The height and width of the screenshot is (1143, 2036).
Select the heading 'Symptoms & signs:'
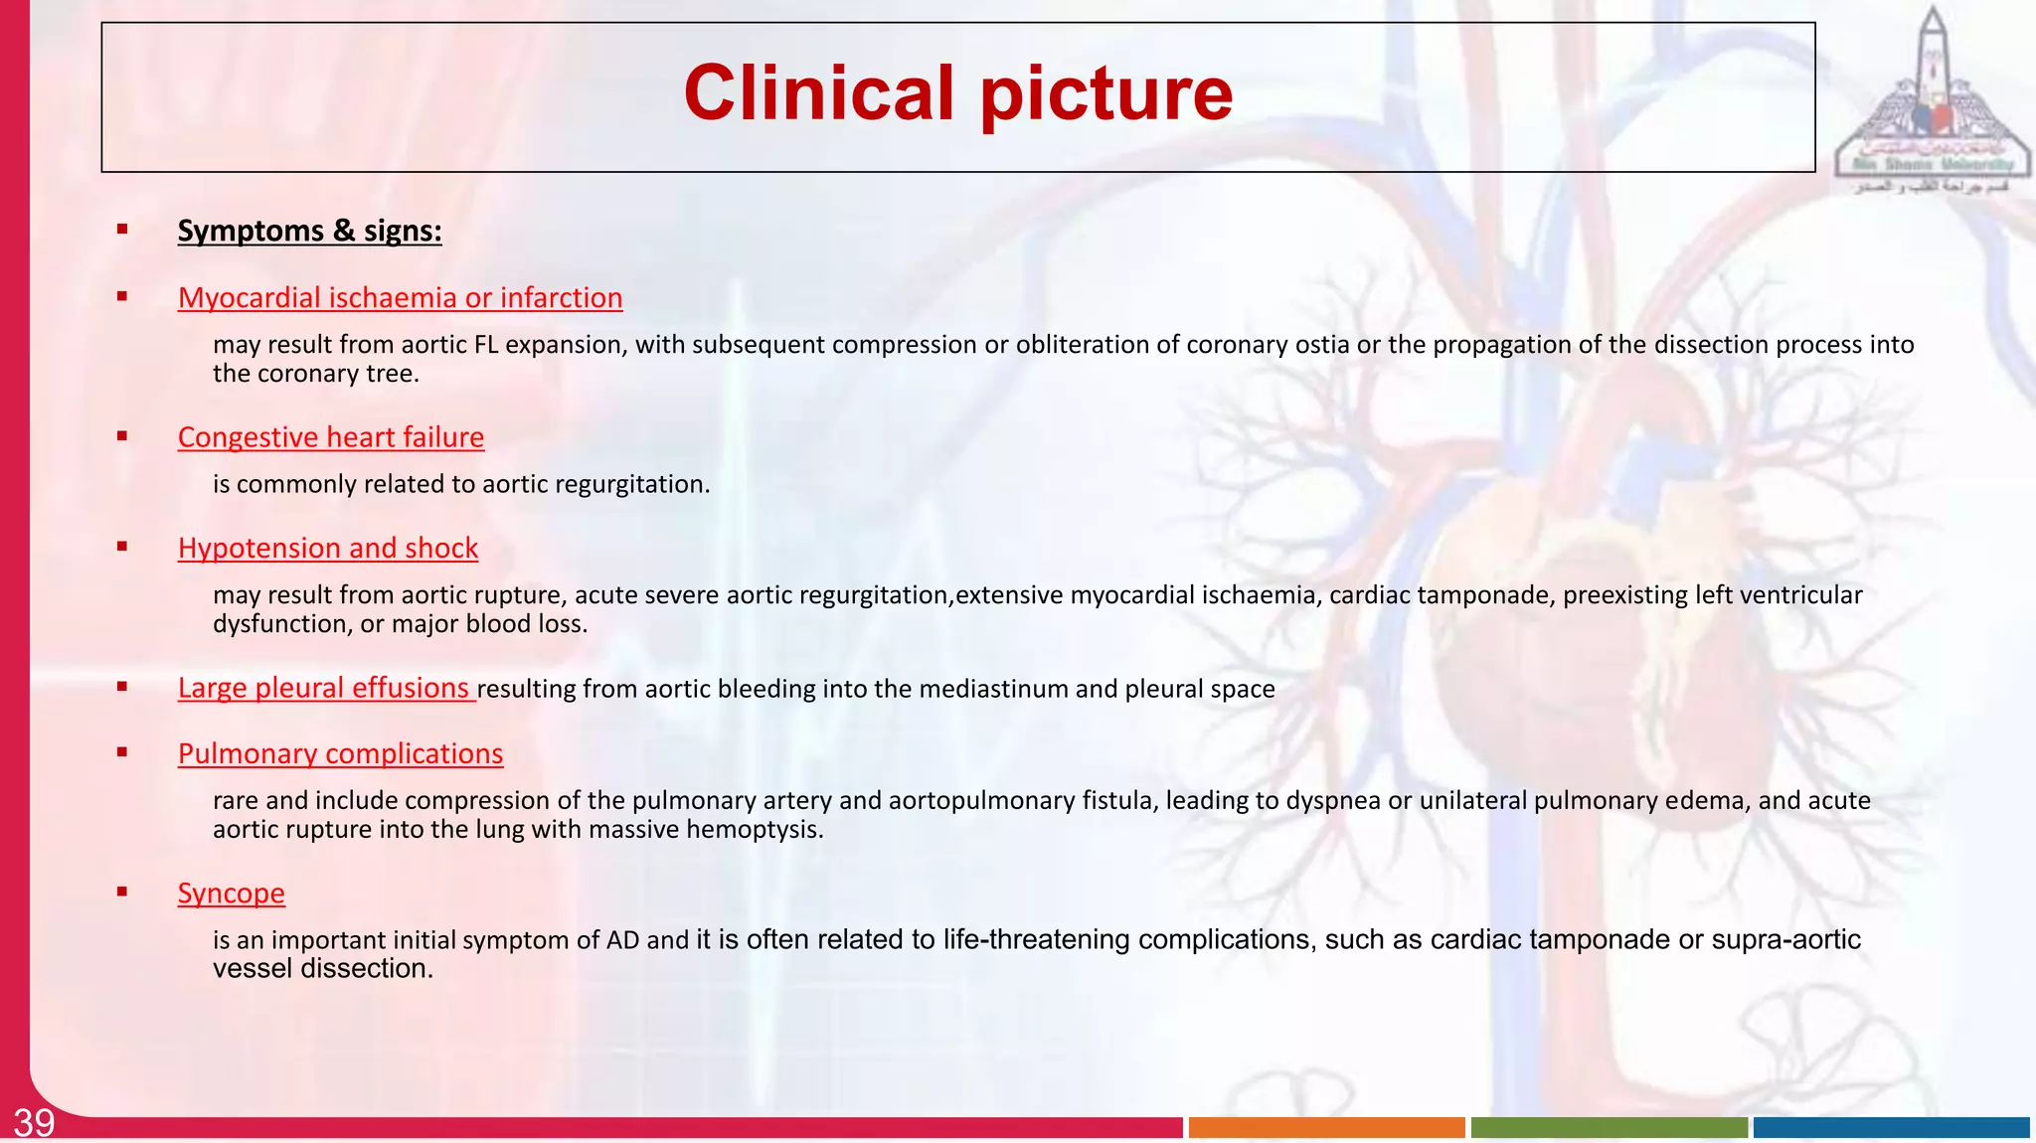309,231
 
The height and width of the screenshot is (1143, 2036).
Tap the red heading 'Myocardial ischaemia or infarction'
400,297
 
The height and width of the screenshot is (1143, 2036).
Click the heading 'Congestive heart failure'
330,437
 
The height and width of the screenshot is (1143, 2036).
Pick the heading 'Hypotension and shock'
327,548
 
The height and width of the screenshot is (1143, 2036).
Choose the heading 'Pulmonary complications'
340,753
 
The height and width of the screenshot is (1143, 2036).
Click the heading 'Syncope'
231,893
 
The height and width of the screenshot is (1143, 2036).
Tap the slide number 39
34,1123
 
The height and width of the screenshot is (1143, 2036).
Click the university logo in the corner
1931,99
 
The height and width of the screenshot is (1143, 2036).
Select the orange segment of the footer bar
1326,1127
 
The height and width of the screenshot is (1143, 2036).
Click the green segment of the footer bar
1609,1127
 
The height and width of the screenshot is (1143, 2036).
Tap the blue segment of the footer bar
1891,1127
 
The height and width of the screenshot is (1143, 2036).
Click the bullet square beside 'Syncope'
122,892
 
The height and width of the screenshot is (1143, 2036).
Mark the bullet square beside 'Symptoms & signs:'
122,230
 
